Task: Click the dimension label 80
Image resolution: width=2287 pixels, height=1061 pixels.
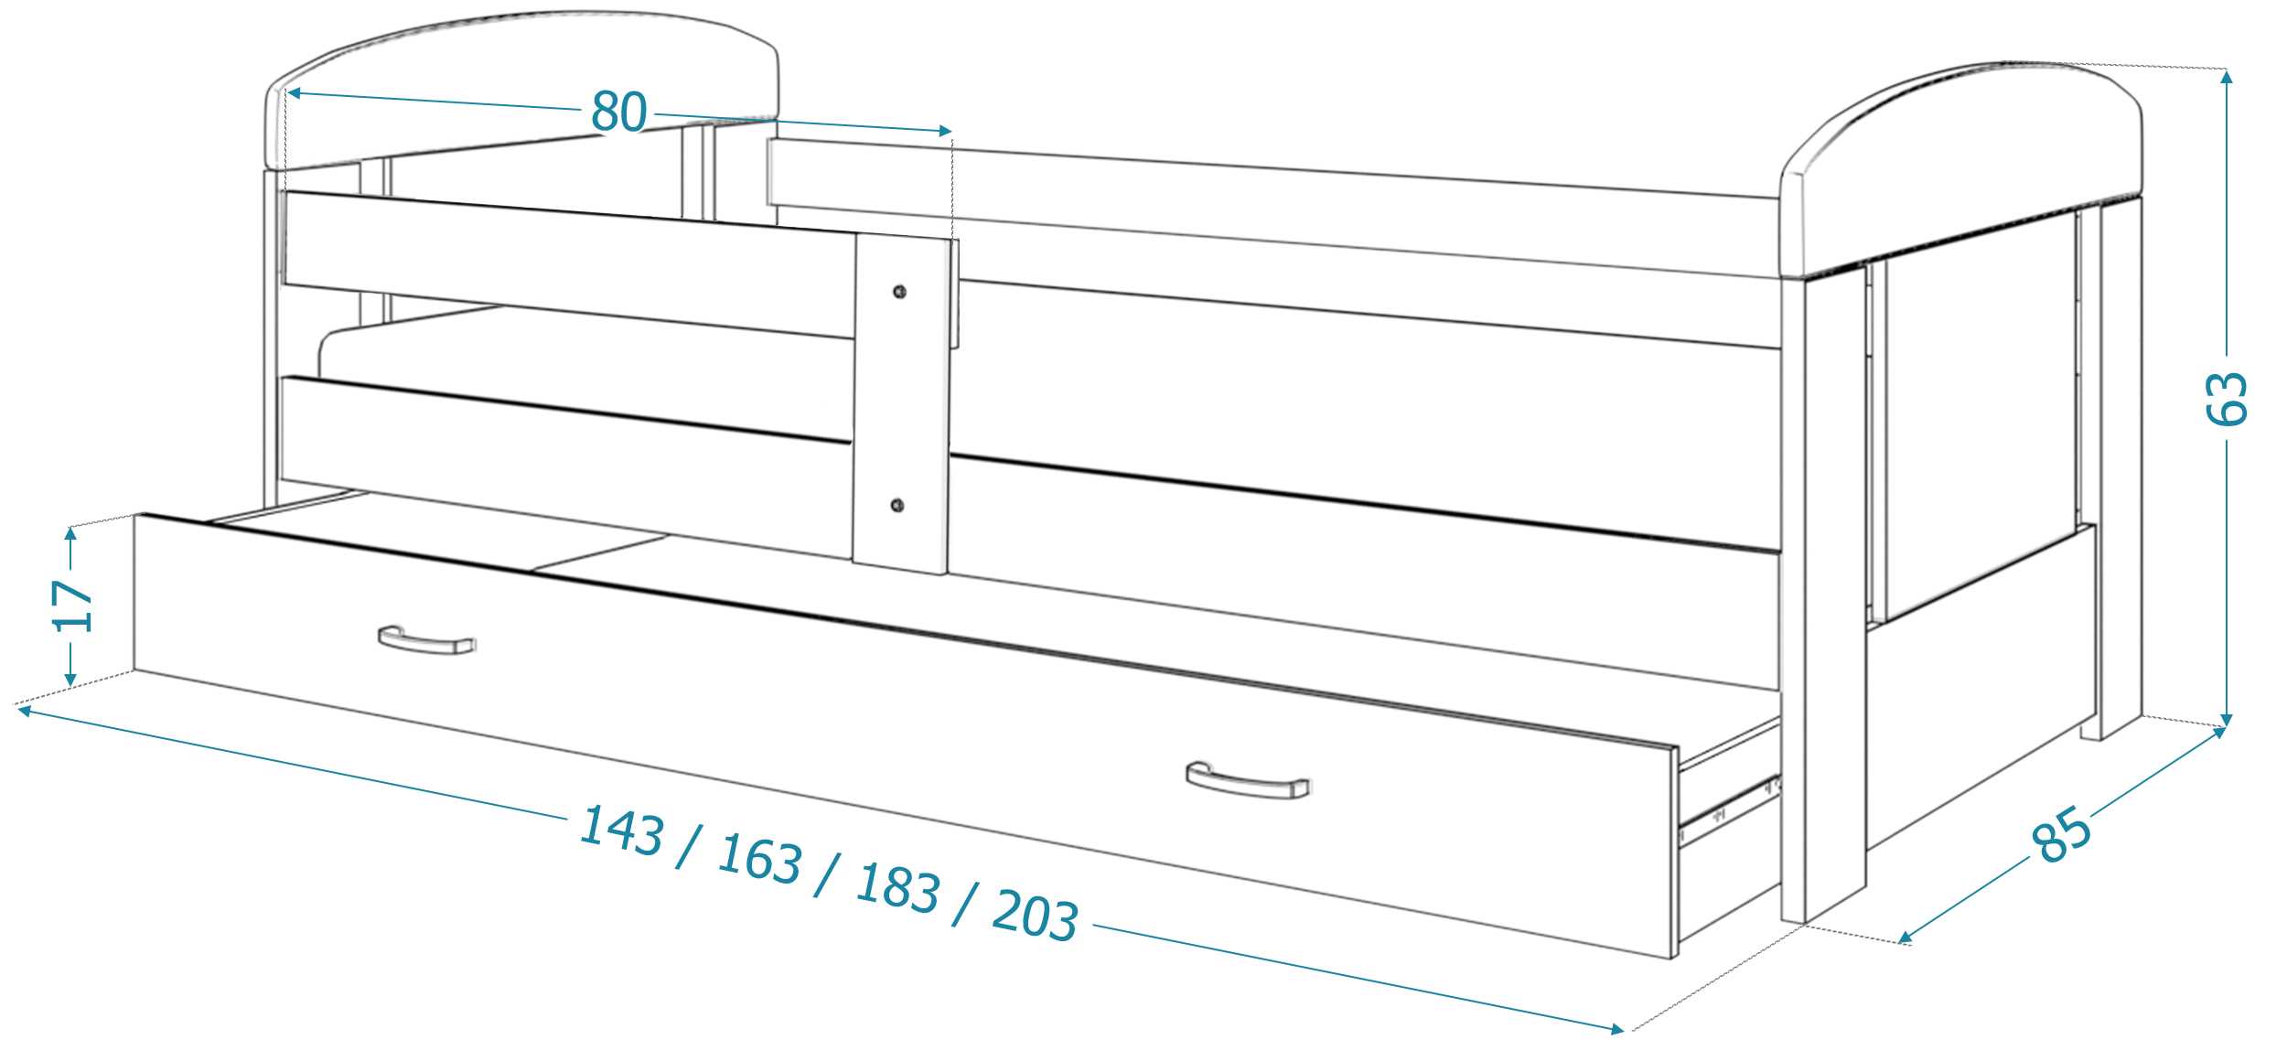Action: click(619, 112)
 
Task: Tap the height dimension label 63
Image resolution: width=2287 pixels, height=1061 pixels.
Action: click(2225, 399)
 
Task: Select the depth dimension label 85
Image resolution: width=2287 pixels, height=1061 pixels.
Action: click(2061, 834)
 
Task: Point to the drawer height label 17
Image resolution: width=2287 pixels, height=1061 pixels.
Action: click(72, 606)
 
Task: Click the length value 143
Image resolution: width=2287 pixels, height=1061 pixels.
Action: click(622, 831)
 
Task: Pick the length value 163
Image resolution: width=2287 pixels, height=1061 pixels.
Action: click(760, 859)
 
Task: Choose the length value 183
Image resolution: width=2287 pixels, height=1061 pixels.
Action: click(898, 887)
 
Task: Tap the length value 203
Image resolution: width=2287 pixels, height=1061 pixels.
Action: click(1036, 915)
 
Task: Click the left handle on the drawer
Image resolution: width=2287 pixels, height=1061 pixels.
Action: click(427, 640)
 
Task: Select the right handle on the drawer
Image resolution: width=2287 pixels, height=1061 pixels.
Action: click(1249, 780)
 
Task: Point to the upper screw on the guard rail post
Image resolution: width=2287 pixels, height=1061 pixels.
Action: click(899, 292)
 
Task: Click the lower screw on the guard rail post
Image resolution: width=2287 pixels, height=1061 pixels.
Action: click(897, 506)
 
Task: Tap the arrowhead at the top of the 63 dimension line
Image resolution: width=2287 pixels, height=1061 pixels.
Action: click(2227, 77)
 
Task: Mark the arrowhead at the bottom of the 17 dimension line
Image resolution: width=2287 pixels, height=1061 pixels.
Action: click(70, 680)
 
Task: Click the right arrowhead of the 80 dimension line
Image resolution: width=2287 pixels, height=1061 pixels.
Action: click(946, 132)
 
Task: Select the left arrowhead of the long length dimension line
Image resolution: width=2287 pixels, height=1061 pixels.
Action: click(25, 710)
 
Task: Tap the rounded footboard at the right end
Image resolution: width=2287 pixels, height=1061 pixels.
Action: click(1961, 169)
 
